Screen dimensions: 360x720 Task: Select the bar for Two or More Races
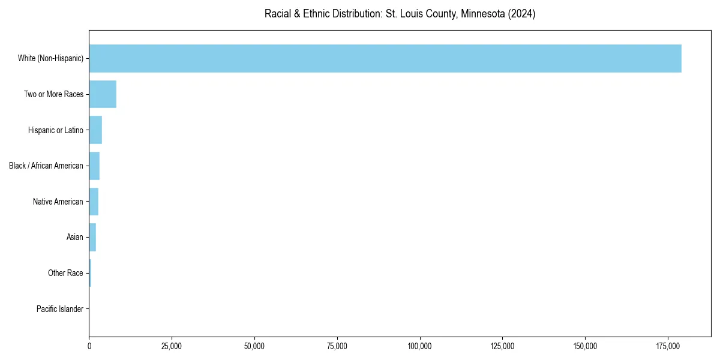[103, 94]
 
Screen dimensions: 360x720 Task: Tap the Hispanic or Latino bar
[95, 130]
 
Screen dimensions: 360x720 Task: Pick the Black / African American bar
[94, 166]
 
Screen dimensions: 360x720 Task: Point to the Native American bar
[94, 202]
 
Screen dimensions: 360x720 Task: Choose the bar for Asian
[92, 237]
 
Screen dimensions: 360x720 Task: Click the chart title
[400, 14]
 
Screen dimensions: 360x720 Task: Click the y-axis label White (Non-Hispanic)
[50, 58]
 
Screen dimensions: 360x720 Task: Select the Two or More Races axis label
[53, 94]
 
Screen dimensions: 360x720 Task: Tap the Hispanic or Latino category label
[56, 130]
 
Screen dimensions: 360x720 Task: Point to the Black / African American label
[46, 166]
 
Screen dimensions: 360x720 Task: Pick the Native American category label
[58, 202]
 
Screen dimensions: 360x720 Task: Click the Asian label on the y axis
[75, 238]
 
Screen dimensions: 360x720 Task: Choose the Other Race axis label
[65, 273]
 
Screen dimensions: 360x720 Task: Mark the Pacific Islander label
[60, 309]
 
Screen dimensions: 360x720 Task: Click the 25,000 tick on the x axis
[172, 346]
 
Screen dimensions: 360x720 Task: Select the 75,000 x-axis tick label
[337, 346]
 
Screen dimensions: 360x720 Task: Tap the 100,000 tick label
[420, 346]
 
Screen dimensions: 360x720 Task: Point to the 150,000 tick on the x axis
[585, 346]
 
